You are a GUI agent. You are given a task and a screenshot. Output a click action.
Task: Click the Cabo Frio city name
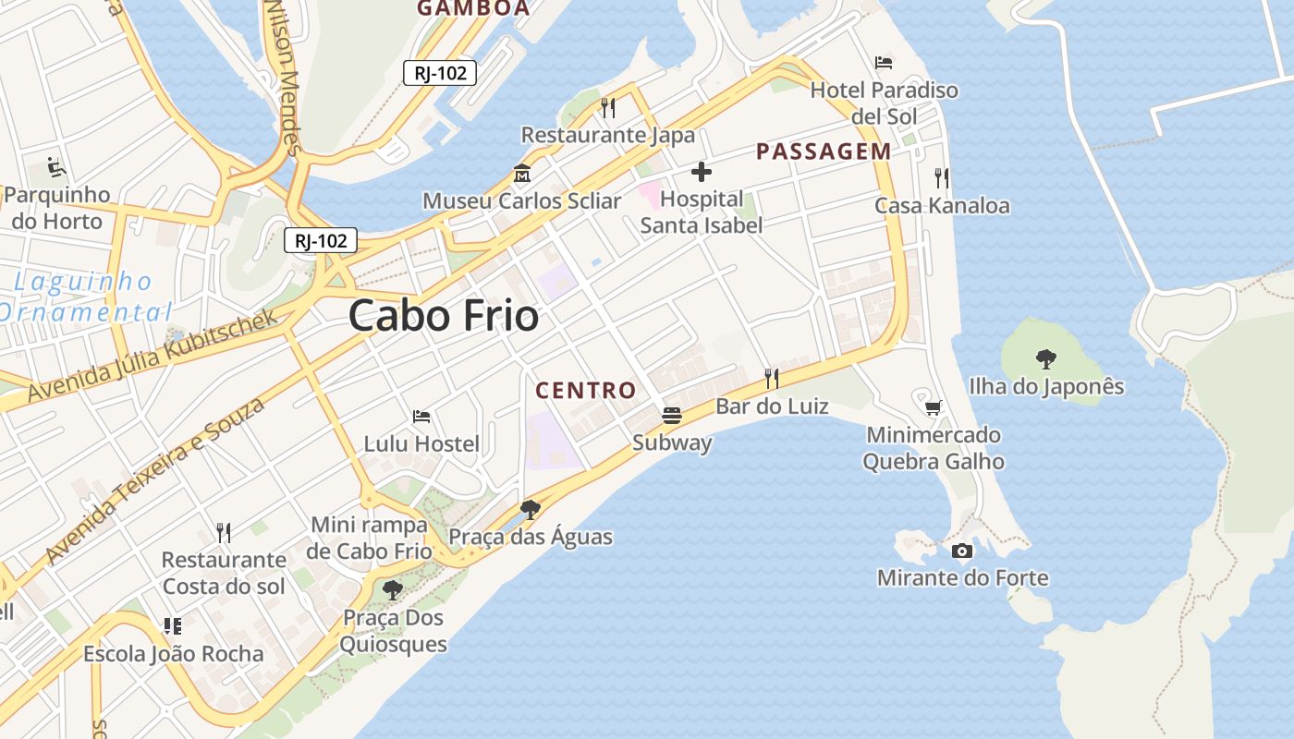click(x=444, y=316)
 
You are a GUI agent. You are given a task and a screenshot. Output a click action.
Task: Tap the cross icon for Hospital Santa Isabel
click(x=702, y=171)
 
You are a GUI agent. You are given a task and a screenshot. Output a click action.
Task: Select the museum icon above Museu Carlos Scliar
click(x=521, y=174)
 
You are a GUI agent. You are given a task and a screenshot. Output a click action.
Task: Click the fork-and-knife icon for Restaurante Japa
click(x=607, y=108)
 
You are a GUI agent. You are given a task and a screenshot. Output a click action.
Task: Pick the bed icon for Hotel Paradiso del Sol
click(x=884, y=63)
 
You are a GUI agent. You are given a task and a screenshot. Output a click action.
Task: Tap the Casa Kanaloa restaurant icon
click(x=942, y=178)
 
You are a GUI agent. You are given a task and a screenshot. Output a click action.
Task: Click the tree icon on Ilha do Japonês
click(x=1045, y=358)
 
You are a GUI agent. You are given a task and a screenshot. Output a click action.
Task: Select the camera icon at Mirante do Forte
click(x=962, y=551)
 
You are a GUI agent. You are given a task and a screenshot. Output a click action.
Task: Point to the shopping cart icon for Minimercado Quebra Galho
click(x=933, y=407)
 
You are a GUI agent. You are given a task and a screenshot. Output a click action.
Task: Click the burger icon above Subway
click(x=672, y=416)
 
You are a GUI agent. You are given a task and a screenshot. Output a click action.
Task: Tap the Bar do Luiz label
click(x=772, y=406)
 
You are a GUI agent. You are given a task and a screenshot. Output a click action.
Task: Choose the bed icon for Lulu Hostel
click(x=421, y=417)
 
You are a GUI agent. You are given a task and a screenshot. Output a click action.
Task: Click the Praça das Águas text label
click(x=531, y=537)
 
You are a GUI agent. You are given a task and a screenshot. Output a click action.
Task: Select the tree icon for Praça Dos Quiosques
click(x=393, y=589)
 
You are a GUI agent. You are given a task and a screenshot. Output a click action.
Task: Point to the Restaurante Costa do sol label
click(x=224, y=573)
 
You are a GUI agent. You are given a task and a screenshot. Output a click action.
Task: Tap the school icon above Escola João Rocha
click(x=173, y=626)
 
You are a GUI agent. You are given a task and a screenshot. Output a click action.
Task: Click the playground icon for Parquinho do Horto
click(x=56, y=168)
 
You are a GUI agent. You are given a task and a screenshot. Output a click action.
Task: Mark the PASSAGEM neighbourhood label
click(x=824, y=151)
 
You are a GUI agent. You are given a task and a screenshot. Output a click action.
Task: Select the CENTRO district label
click(x=586, y=391)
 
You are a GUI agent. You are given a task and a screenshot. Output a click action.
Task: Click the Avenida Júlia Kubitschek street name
click(x=153, y=357)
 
